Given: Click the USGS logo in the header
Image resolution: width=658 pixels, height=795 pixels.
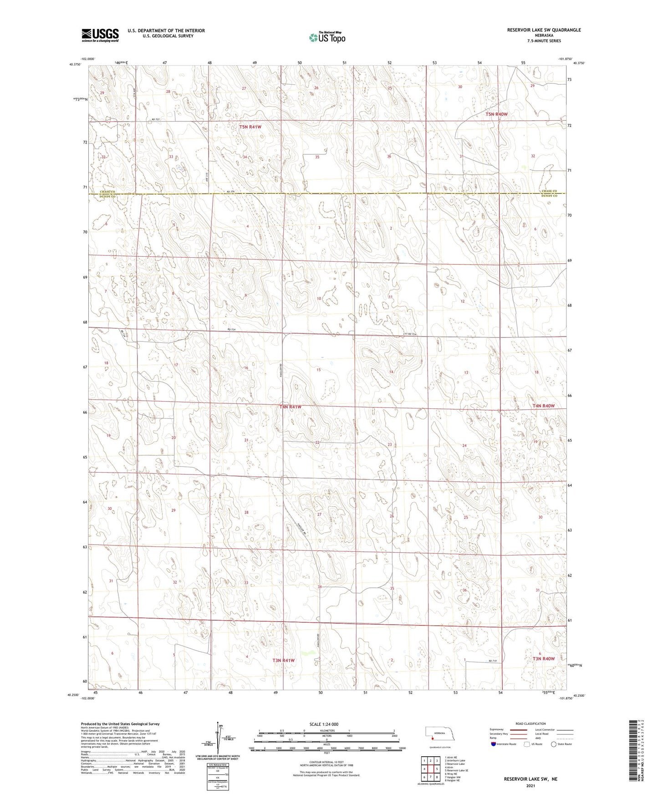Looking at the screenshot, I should tap(100, 35).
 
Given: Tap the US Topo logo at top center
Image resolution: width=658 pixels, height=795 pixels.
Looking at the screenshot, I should tap(326, 37).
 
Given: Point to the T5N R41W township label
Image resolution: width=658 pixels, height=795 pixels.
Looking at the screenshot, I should tap(250, 127).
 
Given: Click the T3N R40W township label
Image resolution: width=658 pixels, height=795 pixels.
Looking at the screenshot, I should tap(544, 659).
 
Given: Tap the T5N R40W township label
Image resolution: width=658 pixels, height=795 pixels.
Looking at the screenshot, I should tap(496, 114).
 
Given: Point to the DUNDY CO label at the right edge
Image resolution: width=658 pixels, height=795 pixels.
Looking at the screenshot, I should tap(549, 196).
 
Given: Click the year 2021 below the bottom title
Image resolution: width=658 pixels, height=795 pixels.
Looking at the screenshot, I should tap(530, 785).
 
